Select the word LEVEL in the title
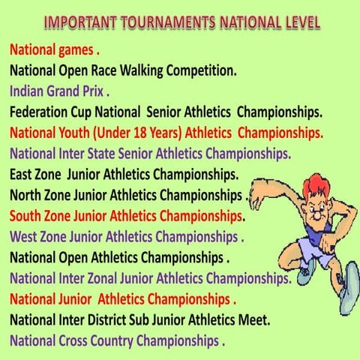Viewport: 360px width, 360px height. click(x=295, y=22)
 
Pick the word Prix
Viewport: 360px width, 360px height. click(x=97, y=93)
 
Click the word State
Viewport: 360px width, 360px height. click(x=112, y=154)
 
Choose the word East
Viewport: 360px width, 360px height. click(x=23, y=175)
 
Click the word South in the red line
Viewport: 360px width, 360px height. click(x=28, y=216)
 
